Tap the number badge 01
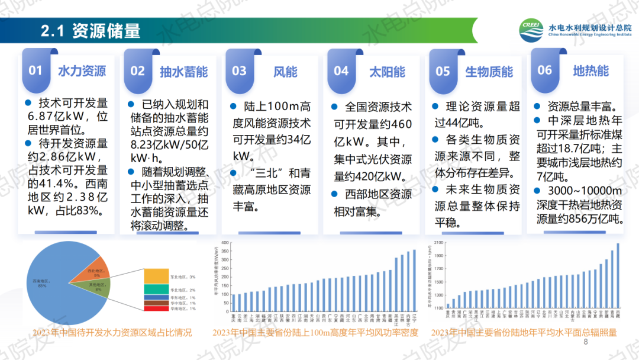[36, 70]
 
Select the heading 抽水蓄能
[184, 72]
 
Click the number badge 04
[341, 71]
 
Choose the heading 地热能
[590, 71]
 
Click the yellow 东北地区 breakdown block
[157, 277]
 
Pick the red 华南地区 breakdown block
[157, 308]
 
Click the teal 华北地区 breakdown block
[157, 290]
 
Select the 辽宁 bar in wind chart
[414, 279]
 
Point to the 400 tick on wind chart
[224, 243]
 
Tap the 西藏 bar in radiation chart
[618, 275]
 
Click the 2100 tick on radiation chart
[438, 243]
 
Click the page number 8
[586, 342]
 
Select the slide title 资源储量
[106, 31]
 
